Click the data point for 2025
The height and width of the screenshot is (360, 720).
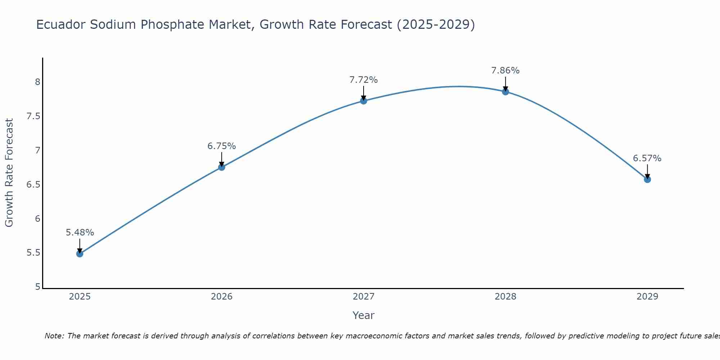80,254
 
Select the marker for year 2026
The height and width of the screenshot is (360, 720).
221,167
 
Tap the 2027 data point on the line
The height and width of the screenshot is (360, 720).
363,101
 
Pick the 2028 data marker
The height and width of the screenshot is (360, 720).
505,92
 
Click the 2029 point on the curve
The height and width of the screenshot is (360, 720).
647,179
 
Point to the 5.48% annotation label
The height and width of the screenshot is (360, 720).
80,233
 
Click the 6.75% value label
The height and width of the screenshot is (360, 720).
221,146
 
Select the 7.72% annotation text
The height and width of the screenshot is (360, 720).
363,80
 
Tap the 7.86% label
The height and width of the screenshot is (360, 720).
505,71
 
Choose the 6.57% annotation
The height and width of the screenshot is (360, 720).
647,158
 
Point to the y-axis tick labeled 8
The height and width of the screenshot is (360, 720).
37,82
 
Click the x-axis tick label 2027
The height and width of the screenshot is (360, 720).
363,297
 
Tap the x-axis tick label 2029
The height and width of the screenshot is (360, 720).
647,297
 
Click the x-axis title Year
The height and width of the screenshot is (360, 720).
363,315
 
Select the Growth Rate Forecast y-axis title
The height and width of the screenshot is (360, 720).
9,173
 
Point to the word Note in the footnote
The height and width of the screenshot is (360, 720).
54,336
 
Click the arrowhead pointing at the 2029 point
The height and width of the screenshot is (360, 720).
647,177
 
